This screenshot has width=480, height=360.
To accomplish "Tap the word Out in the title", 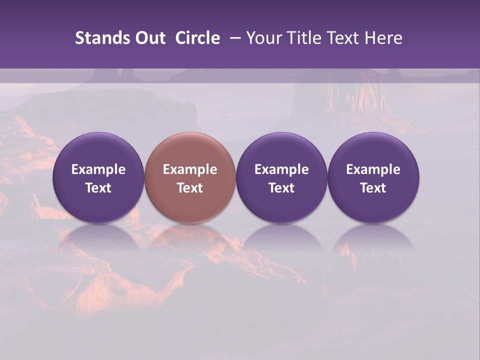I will click(149, 38).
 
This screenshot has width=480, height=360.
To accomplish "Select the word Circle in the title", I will click(197, 38).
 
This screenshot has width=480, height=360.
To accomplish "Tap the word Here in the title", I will click(383, 38).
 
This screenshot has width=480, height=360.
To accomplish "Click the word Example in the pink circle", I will click(190, 169).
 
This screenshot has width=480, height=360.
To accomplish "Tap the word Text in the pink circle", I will click(190, 188).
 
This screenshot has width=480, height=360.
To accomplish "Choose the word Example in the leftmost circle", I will click(98, 169).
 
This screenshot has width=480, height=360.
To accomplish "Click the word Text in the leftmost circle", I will click(98, 188).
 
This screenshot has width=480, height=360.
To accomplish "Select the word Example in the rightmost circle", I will click(373, 169).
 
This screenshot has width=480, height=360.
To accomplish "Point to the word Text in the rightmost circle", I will click(373, 188).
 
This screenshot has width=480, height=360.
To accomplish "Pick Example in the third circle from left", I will click(281, 169).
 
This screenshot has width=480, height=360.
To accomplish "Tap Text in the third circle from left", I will click(281, 188).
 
